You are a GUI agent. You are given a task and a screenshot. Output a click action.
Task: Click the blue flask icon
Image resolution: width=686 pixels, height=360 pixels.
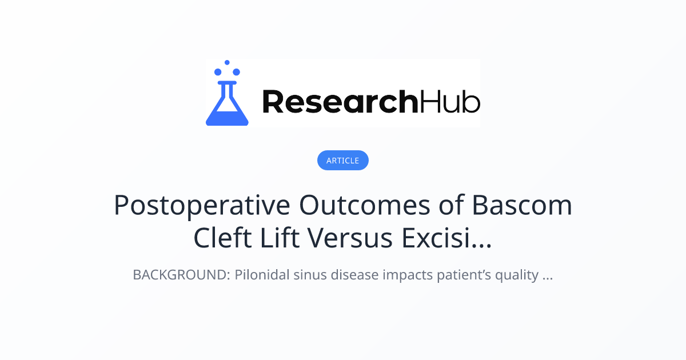tap(227, 103)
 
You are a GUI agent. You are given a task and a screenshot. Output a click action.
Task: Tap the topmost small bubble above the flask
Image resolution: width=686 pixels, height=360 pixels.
tap(227, 62)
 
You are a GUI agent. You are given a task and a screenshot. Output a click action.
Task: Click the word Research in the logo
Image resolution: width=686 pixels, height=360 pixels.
tap(340, 102)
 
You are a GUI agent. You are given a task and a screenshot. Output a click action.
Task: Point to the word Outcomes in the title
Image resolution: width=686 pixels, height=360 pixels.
tap(365, 205)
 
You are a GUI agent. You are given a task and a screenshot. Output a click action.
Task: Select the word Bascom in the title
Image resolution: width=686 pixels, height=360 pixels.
tap(522, 205)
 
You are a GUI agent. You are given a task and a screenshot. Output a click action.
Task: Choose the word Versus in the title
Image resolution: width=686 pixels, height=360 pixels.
tap(350, 238)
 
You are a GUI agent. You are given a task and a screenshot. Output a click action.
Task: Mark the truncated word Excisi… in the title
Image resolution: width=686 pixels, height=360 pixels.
tap(446, 238)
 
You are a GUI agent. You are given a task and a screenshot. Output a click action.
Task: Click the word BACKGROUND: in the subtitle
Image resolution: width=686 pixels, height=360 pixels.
tap(181, 275)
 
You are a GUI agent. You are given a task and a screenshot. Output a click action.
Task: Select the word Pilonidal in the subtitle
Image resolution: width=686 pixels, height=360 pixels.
tap(262, 275)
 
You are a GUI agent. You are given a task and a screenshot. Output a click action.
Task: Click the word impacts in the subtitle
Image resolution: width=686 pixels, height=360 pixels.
tap(408, 275)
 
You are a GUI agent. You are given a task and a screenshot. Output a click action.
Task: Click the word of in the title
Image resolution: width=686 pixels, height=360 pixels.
tap(452, 205)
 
